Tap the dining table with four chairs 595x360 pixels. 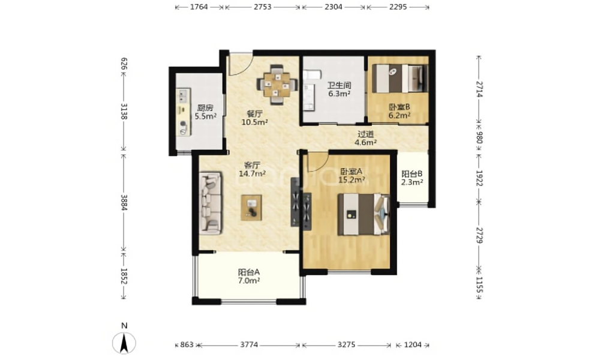277,85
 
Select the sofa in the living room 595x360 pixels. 210,203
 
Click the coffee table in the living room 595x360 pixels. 251,208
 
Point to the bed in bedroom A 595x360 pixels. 363,214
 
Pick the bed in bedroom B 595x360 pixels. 399,78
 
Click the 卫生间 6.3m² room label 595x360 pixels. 339,89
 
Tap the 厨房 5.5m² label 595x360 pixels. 205,112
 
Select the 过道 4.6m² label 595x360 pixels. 365,138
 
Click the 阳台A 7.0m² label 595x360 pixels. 249,277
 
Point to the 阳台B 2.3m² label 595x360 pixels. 412,178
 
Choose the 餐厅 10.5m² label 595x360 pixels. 255,118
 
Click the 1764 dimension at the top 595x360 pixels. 199,7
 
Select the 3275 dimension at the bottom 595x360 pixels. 346,345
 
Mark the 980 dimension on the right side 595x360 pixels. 479,137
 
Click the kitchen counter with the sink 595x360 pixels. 184,112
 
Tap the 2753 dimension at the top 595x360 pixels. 263,7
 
